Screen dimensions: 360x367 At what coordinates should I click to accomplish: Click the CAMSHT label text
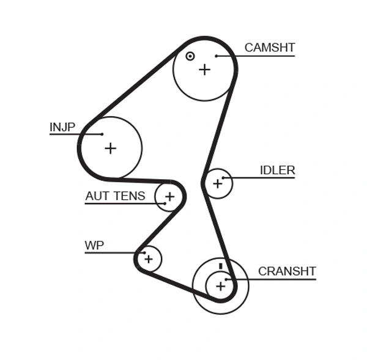(270, 48)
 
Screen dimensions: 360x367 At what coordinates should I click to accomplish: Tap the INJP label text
(62, 127)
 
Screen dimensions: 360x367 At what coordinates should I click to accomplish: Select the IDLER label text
(277, 171)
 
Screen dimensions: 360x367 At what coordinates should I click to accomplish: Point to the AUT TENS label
(115, 196)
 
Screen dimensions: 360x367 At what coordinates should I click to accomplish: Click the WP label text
(94, 246)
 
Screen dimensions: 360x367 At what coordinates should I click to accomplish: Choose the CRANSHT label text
(287, 271)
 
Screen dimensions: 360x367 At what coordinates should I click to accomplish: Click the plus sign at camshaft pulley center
(204, 70)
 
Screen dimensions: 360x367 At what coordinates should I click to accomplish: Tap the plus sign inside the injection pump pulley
(110, 148)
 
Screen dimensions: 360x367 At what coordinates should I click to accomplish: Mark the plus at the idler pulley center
(217, 183)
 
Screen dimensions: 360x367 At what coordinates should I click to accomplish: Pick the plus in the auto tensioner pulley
(169, 197)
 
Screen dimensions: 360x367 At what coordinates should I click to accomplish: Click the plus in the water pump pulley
(149, 259)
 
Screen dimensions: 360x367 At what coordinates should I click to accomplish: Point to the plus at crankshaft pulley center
(220, 285)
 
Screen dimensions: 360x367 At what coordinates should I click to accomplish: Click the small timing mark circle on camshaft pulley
(190, 56)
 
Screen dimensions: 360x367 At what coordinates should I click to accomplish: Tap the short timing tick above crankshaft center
(220, 266)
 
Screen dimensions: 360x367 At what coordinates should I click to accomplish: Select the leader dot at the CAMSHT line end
(217, 56)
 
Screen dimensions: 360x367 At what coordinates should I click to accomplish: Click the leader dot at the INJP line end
(102, 134)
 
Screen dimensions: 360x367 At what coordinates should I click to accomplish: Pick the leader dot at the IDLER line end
(224, 178)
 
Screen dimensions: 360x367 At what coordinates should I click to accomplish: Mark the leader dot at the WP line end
(144, 252)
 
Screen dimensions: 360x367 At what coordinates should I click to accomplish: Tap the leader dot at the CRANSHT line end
(226, 280)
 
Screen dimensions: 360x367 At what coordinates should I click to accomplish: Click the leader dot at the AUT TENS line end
(165, 204)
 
